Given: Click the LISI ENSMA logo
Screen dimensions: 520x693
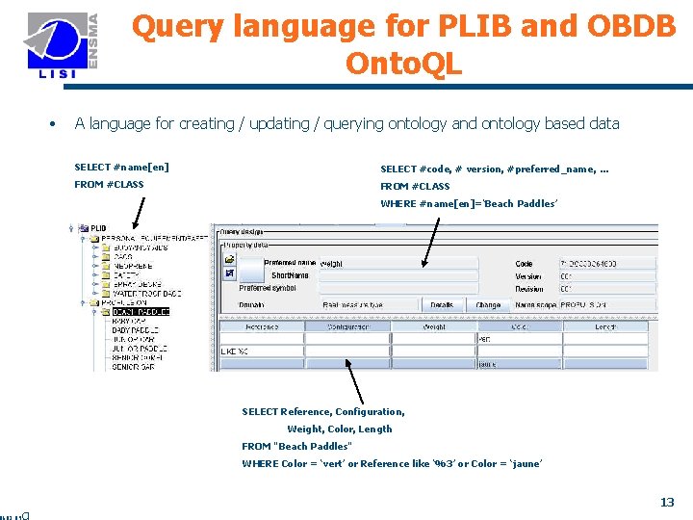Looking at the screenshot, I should pos(63,47).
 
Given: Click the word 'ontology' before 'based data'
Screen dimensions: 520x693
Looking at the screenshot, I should pos(508,123).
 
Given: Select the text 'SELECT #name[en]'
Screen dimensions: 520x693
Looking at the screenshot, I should pos(121,168).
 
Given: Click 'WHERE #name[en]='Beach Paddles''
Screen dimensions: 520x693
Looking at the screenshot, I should pos(468,203).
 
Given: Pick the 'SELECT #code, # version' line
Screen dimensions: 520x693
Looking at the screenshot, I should pos(494,169).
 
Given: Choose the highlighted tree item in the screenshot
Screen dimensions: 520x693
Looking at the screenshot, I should pos(141,311).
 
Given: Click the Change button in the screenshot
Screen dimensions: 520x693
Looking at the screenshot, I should pos(488,304).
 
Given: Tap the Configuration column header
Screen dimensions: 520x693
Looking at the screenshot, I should pos(347,326).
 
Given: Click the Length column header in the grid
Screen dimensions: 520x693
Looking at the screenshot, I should pos(605,326).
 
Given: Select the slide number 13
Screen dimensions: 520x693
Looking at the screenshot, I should pos(666,502).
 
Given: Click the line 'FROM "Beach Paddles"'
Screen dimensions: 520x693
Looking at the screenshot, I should pos(296,446).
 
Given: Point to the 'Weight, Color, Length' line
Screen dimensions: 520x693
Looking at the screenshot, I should pos(339,429).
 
